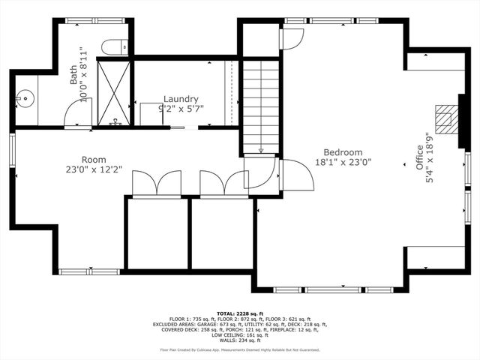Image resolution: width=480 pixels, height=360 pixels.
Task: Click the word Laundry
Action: point(181,99)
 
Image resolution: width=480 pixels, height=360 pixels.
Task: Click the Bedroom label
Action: point(342,152)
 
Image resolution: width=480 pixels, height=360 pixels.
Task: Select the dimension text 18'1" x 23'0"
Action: point(342,162)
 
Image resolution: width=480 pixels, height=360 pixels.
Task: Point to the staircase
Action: point(261,105)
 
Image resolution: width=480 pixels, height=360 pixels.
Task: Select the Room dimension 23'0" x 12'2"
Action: point(94,169)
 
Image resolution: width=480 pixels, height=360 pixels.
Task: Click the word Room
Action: point(94,160)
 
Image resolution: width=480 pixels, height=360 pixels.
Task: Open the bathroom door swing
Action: point(79,115)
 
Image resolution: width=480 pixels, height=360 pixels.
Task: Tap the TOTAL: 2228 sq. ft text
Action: point(240,313)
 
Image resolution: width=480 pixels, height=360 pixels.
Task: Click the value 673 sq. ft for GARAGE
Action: point(252,324)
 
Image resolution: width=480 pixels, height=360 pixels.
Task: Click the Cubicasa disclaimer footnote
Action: point(240,350)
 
